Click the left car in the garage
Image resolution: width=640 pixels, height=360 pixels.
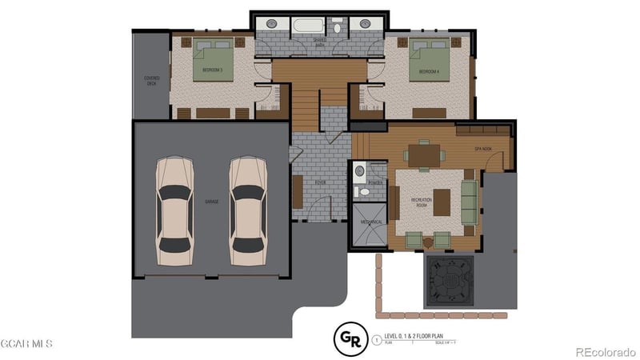[x=174, y=211]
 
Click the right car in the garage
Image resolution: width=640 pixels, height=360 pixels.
[x=248, y=211]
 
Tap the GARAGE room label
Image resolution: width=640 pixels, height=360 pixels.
[x=211, y=202]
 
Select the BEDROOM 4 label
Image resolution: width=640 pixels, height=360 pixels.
[x=430, y=71]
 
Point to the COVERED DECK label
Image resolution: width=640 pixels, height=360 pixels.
[x=152, y=81]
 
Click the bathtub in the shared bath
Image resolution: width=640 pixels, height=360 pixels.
[x=308, y=26]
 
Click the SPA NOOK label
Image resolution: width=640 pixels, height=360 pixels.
[x=482, y=149]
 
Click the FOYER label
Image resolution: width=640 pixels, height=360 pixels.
[x=320, y=183]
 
